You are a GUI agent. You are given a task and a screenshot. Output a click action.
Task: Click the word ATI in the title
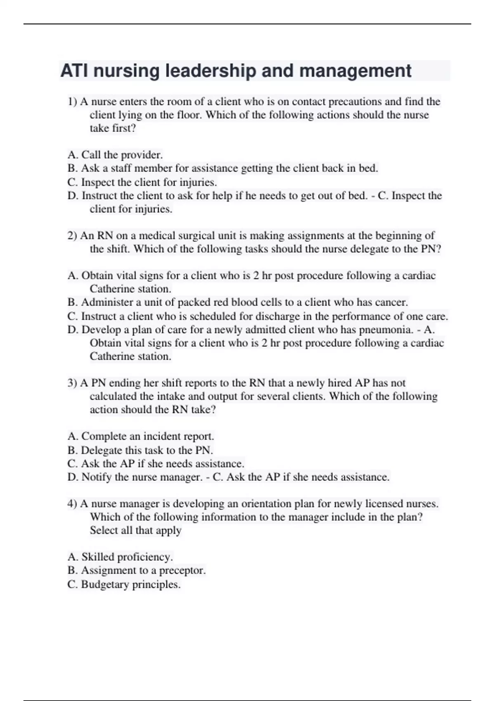[x=75, y=71]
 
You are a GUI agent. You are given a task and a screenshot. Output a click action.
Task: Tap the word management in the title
[x=355, y=71]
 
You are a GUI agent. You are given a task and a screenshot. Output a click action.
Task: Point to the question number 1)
[x=73, y=101]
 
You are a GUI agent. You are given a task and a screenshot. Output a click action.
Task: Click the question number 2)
[x=73, y=236]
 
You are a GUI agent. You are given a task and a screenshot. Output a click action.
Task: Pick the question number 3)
[x=73, y=383]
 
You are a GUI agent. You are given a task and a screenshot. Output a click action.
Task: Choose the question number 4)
[x=73, y=504]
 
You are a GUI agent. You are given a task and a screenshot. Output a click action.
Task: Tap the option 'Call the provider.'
[x=122, y=155]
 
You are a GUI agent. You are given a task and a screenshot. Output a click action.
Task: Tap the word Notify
[x=97, y=477]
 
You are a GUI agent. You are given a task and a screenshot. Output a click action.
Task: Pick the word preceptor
[x=182, y=571]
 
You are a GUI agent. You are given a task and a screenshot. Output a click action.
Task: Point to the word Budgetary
[x=104, y=584]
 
